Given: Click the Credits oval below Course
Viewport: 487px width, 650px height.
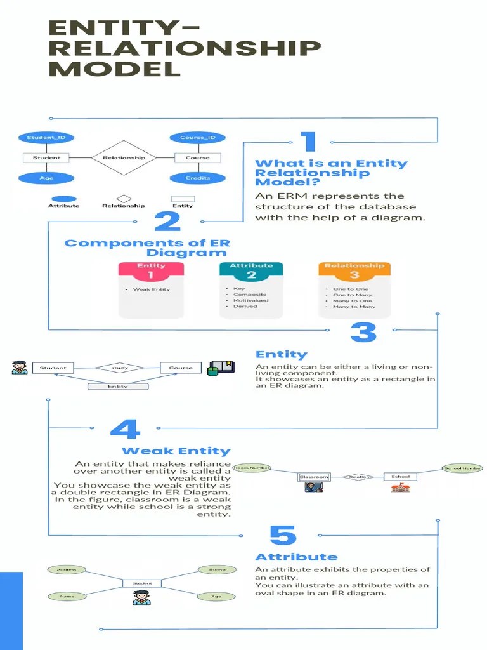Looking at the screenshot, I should pos(197,178).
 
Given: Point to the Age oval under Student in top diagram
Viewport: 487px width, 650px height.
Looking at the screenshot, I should pos(46,178).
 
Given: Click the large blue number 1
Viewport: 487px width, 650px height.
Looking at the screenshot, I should pos(308,143).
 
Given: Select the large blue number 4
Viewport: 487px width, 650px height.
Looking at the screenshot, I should pos(124,430).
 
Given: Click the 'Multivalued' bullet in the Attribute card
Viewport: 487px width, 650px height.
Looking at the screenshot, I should pos(250,300).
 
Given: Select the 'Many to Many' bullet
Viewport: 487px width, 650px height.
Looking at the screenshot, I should pos(354,307).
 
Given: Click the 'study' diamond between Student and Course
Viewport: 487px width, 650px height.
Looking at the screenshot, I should pos(120,368).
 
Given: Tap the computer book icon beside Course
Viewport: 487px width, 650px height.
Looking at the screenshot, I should pos(221,368).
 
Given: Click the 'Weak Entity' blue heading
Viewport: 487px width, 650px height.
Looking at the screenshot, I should pos(176,451).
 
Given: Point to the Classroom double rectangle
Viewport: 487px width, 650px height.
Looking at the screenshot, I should pos(314,477).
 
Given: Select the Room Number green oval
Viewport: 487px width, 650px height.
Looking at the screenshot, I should pos(252,468).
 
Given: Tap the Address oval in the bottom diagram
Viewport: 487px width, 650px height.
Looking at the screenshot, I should pos(67,569).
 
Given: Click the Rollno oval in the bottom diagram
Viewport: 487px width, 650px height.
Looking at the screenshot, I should pos(218,569).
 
